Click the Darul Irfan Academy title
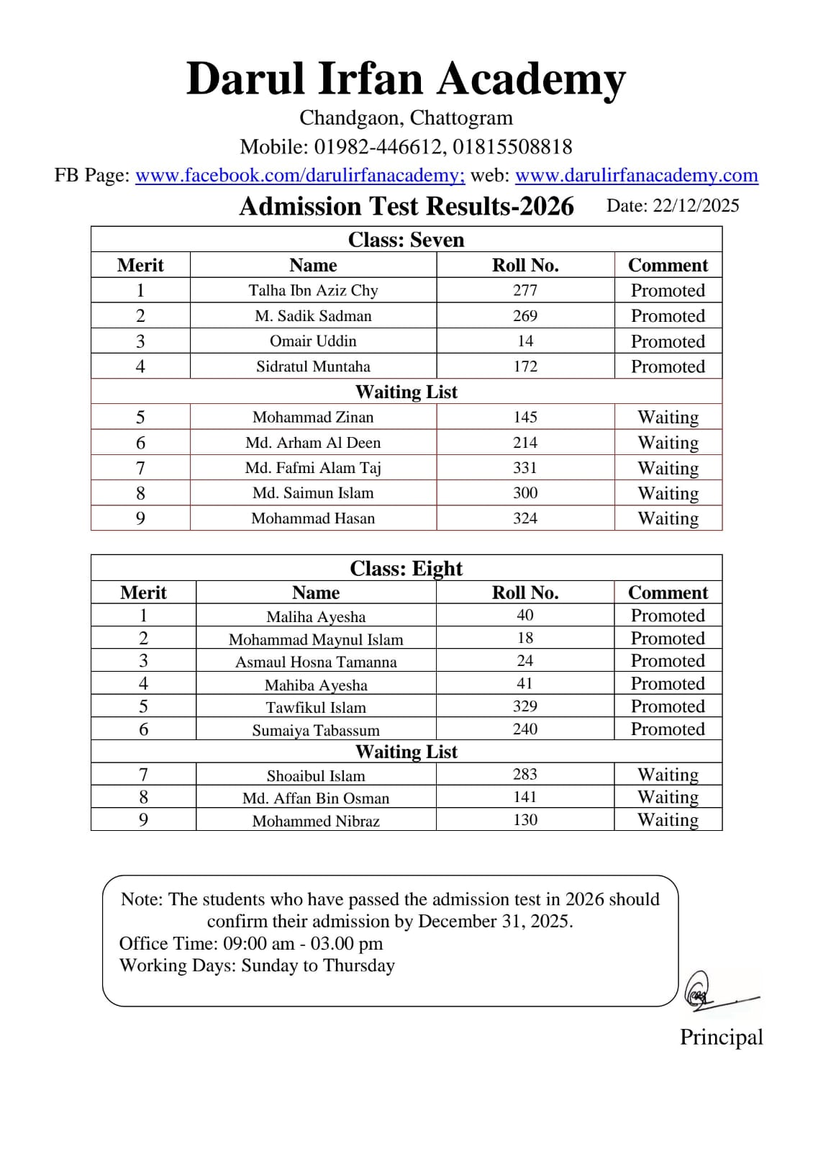coord(406,78)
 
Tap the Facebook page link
coord(300,175)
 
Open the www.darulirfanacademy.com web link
coord(636,175)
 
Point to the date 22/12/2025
coord(696,206)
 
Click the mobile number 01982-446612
coord(378,147)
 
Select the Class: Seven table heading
coord(406,239)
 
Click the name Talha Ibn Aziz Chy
coord(313,290)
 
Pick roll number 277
coord(525,290)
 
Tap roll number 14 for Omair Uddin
coord(525,341)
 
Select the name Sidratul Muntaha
coord(313,366)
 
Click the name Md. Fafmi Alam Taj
coord(313,468)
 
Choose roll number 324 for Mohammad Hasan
coord(525,518)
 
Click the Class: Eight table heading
coord(406,568)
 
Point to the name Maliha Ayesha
coord(316,616)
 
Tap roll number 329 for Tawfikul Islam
coord(525,706)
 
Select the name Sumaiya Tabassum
coord(316,730)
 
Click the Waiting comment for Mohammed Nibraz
coord(668,820)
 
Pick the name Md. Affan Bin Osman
coord(316,798)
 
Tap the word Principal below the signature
coord(721,1037)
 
